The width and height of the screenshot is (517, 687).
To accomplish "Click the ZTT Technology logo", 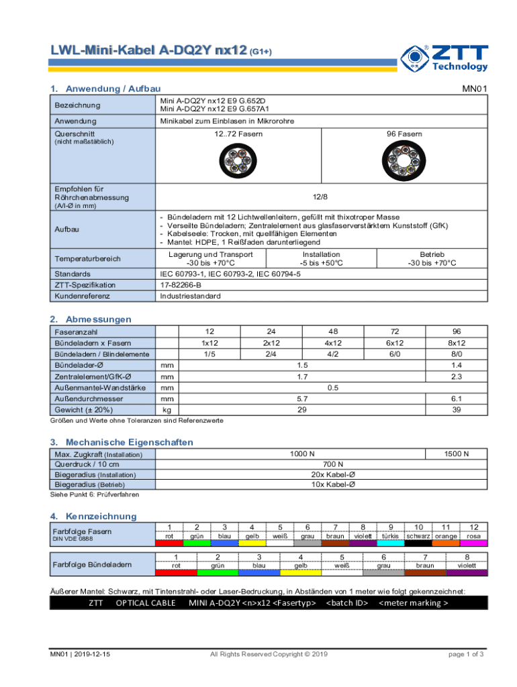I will (x=444, y=58).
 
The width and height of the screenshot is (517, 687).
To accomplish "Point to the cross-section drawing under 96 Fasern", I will (x=404, y=161).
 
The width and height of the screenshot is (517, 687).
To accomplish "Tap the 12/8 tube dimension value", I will (x=320, y=197).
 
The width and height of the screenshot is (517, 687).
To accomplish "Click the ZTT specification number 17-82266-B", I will (x=181, y=285).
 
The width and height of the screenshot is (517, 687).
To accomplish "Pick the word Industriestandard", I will (x=190, y=296).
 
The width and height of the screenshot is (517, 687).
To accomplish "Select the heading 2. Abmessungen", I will (x=91, y=319).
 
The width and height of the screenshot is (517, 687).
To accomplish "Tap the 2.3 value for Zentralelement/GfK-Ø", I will (x=457, y=376).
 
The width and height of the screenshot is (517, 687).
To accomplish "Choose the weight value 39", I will (x=457, y=409).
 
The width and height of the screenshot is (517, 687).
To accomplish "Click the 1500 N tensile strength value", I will (x=457, y=454).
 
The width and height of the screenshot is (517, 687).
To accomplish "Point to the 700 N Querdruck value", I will (x=333, y=464).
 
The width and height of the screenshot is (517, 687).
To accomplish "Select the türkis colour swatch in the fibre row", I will (x=390, y=543).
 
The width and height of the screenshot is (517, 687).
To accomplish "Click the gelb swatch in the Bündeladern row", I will (x=299, y=572).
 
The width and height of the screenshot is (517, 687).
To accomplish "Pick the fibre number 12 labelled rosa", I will (x=474, y=527).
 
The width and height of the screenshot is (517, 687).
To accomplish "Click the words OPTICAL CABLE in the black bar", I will (x=146, y=602).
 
